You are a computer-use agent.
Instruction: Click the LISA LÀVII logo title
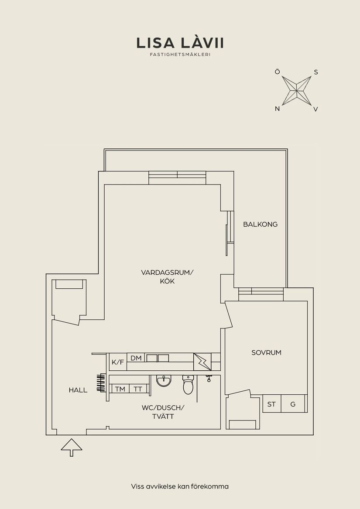tap(180, 43)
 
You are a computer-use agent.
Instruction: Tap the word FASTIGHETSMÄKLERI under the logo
tap(180, 55)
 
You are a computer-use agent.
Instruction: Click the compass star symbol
tap(296, 90)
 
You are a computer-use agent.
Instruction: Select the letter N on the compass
tap(277, 109)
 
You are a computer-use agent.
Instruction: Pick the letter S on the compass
tap(316, 72)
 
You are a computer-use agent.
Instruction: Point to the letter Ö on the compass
tap(277, 72)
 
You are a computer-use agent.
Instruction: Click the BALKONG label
tap(260, 224)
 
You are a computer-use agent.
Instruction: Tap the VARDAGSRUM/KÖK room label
tap(167, 277)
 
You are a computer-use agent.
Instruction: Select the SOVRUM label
tap(266, 352)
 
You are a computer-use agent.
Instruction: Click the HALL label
tap(78, 390)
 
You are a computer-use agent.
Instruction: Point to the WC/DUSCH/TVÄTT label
tap(163, 412)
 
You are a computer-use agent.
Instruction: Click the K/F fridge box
tap(117, 362)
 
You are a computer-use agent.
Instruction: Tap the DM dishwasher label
tap(136, 358)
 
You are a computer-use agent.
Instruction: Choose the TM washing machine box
tap(120, 389)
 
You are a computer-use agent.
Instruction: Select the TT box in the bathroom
tap(138, 389)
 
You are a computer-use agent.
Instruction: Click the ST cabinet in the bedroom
tap(271, 404)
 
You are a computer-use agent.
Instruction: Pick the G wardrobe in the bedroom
tap(293, 404)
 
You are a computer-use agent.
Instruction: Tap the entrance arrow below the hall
tap(72, 447)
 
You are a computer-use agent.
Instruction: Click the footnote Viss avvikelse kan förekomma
tap(180, 486)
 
